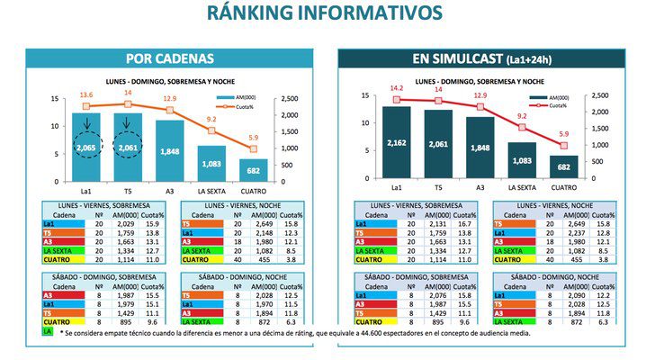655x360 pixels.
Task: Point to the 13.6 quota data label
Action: pos(86,94)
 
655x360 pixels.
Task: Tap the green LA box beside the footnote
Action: pos(48,332)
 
